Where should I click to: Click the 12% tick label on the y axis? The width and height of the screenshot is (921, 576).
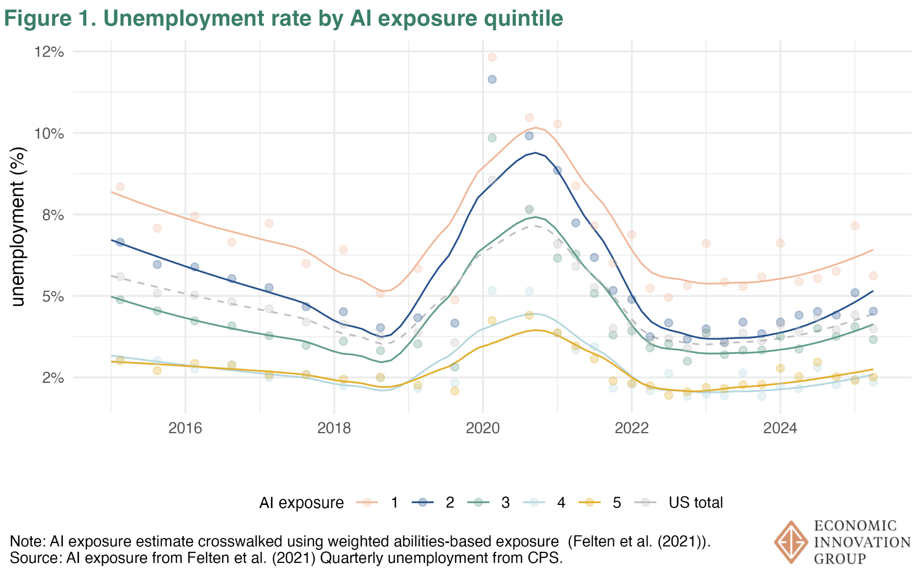[49, 52]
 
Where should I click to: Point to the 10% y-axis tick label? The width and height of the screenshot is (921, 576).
[49, 134]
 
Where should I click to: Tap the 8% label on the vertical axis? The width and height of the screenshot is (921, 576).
[53, 215]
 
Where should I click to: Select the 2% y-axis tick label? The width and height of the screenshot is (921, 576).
[53, 378]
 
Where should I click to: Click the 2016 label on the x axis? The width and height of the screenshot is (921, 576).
[185, 428]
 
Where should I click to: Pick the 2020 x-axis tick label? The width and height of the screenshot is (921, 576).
[483, 428]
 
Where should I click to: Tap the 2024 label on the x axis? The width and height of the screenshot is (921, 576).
[780, 428]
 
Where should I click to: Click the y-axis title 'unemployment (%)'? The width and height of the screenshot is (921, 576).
[18, 227]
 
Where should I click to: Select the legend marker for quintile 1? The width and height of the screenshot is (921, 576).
[367, 502]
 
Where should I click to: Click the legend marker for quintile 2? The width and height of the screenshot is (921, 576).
[422, 502]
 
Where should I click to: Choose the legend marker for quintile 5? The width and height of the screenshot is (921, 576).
[589, 502]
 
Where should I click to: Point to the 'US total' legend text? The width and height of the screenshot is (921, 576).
[695, 502]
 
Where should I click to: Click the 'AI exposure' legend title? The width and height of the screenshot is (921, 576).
[301, 503]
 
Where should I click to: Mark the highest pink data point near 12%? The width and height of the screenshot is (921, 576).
[492, 57]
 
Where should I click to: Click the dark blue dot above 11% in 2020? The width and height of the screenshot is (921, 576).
[492, 79]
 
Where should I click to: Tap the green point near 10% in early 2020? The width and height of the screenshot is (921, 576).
[492, 138]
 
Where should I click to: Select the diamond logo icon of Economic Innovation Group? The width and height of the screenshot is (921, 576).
[791, 542]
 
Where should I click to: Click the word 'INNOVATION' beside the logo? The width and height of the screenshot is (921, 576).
[862, 542]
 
